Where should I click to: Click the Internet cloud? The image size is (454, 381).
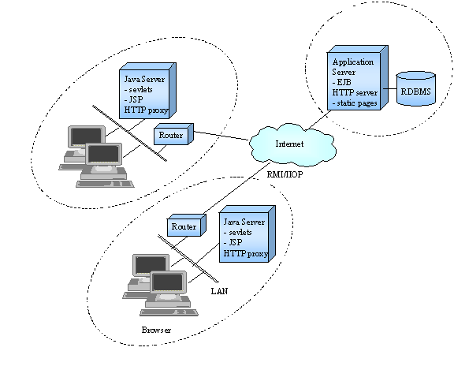point(292,144)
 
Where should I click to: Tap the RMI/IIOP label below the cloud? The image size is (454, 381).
point(285,174)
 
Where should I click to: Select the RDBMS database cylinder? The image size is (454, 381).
point(416,88)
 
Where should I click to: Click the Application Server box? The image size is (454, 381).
point(357,77)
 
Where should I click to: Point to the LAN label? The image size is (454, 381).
point(219,291)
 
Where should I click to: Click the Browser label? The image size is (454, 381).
point(156,330)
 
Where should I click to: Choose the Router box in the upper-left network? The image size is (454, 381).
point(173,134)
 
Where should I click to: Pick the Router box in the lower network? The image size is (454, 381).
point(187,225)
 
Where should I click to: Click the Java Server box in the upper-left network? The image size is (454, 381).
point(147,91)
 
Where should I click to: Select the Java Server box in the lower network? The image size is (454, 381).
point(247,233)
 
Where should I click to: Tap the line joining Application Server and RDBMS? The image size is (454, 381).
point(389,88)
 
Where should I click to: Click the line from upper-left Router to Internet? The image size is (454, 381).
point(221,136)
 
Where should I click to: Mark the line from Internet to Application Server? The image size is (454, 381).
point(319,120)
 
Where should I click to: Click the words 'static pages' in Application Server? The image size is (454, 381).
point(357,103)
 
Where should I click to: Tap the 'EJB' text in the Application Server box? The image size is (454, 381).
point(344,82)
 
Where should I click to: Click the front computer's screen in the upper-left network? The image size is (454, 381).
point(103,154)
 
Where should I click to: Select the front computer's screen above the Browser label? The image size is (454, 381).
point(168,282)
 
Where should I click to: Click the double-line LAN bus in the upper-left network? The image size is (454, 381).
point(129,133)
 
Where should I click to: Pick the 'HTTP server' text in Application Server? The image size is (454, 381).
point(355,93)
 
